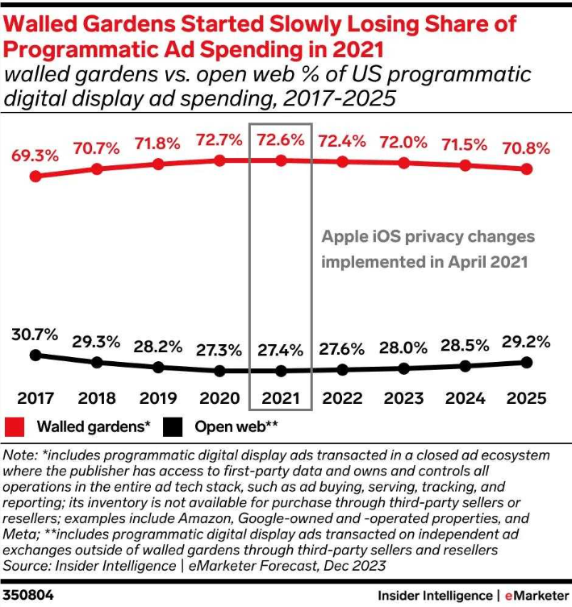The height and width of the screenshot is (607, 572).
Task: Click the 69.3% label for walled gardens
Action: click(35, 155)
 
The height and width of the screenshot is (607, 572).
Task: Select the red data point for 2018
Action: click(97, 169)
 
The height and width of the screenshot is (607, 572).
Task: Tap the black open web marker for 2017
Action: click(35, 355)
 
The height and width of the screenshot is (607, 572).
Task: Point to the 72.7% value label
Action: click(219, 140)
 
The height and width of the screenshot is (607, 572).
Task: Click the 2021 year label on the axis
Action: click(281, 398)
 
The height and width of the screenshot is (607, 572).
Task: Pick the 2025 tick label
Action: click(527, 398)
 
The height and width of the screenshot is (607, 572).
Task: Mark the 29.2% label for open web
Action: click(527, 340)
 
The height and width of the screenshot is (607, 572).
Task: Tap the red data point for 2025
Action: click(527, 169)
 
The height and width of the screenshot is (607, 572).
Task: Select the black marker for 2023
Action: click(404, 368)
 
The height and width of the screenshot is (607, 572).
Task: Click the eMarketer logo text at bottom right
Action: click(537, 595)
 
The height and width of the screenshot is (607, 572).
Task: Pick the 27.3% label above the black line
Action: click(219, 350)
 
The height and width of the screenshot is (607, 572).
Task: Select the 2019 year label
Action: click(158, 398)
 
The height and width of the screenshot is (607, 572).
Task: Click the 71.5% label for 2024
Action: click(466, 145)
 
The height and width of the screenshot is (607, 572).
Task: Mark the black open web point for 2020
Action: click(219, 371)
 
